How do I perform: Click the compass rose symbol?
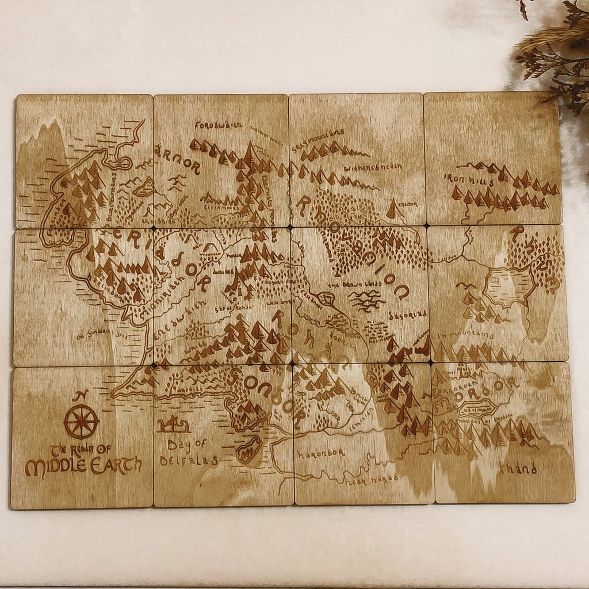(x=81, y=422)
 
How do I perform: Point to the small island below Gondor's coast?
(x=249, y=449)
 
